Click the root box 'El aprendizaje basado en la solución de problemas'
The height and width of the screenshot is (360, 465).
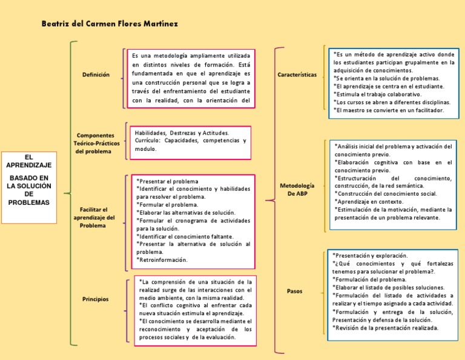click(x=28, y=179)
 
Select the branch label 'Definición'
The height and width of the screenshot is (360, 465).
click(x=96, y=75)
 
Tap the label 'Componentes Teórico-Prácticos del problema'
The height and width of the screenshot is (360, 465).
click(x=96, y=143)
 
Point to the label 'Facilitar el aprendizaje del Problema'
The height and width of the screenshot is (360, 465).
click(x=93, y=217)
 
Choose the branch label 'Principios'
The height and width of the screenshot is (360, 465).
click(x=95, y=299)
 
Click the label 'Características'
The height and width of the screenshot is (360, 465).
click(x=297, y=75)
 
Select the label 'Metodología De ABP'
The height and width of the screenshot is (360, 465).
click(x=297, y=188)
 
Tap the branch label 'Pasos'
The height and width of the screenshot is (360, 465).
click(x=295, y=292)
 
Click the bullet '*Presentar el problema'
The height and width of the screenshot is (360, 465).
click(x=167, y=181)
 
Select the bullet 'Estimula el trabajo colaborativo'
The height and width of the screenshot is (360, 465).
click(x=379, y=95)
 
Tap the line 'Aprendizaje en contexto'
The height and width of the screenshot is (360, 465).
click(x=369, y=201)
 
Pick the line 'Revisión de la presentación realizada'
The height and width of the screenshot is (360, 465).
click(x=386, y=328)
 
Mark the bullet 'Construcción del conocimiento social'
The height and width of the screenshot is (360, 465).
click(x=386, y=193)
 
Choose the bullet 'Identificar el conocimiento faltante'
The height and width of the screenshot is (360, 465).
click(x=185, y=236)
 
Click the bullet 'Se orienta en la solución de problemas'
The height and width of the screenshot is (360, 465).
click(x=387, y=78)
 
